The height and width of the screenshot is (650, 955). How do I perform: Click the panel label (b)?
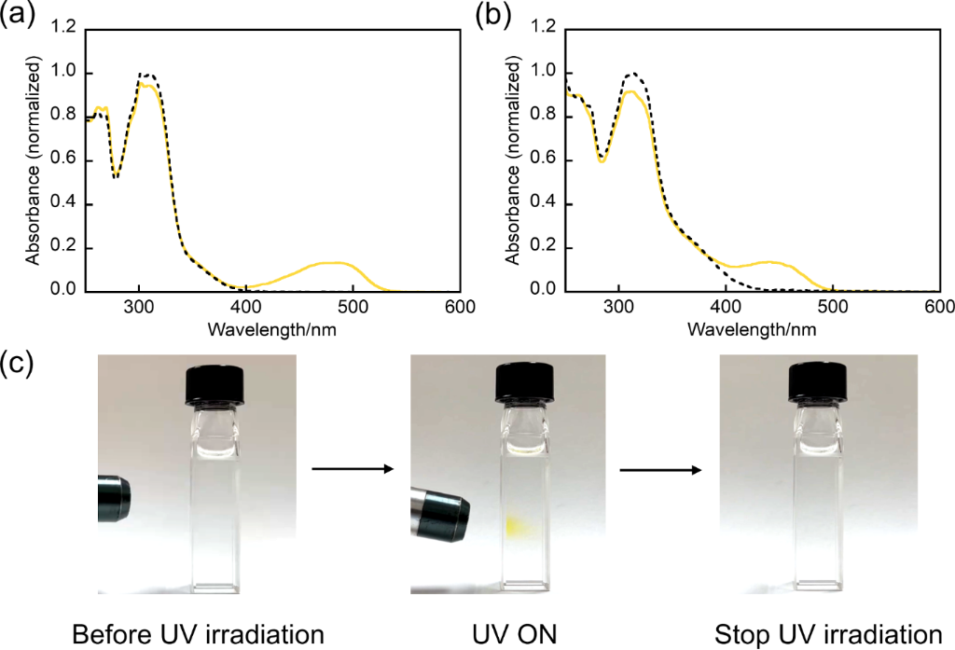[492, 16]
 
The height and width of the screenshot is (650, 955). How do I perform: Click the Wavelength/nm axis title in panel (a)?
[272, 329]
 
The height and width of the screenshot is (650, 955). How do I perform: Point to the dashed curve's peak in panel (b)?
[632, 73]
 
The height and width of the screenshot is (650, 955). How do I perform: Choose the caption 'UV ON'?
[514, 634]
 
